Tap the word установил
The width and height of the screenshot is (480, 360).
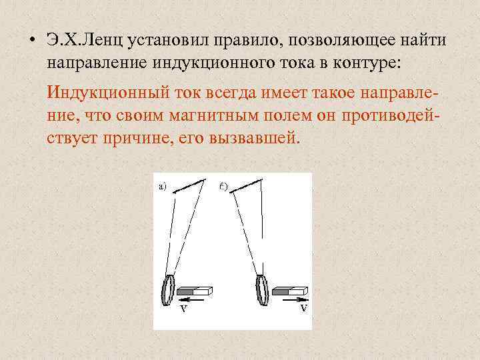(x=158, y=39)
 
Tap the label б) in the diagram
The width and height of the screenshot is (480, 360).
(x=223, y=186)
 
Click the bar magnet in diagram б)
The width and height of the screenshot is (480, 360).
(x=288, y=291)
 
